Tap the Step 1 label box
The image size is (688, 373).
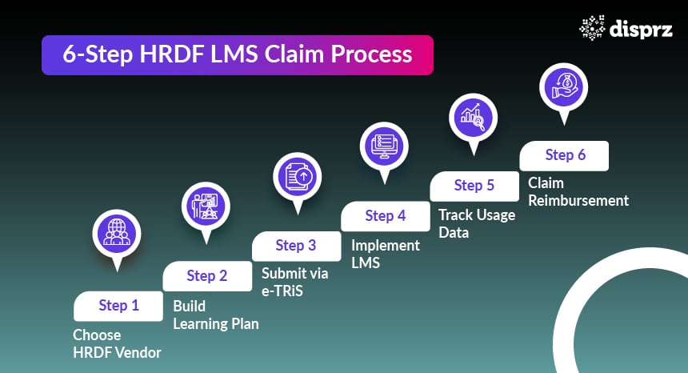pyautogui.click(x=118, y=305)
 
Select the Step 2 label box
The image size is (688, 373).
pyautogui.click(x=207, y=275)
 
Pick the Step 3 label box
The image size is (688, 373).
pyautogui.click(x=296, y=246)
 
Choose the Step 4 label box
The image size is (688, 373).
pyautogui.click(x=386, y=215)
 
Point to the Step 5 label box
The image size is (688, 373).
pyautogui.click(x=474, y=186)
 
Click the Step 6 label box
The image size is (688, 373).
pyautogui.click(x=565, y=155)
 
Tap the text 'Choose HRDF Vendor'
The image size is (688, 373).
pyautogui.click(x=117, y=343)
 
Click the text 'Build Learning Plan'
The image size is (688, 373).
pyautogui.click(x=215, y=315)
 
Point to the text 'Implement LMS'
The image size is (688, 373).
pyautogui.click(x=385, y=254)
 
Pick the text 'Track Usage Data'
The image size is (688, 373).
pyautogui.click(x=476, y=223)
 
